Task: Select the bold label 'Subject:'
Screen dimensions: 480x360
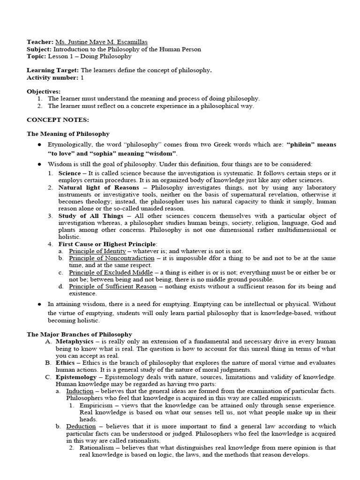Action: (39, 49)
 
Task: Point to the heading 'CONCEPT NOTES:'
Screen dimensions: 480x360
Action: (51, 120)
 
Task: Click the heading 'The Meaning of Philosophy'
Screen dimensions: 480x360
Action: (68, 134)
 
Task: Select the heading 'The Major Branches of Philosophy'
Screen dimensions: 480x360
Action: (79, 334)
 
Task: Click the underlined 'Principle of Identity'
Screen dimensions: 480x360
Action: (97, 251)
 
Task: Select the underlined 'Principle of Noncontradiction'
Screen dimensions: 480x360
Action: (112, 258)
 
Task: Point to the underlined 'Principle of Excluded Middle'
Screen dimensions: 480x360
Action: (111, 272)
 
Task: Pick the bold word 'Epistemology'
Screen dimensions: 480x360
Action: (77, 377)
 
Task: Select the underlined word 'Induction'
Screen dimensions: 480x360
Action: (80, 391)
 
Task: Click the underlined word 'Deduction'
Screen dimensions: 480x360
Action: (81, 427)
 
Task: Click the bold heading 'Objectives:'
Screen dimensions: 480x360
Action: (44, 91)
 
